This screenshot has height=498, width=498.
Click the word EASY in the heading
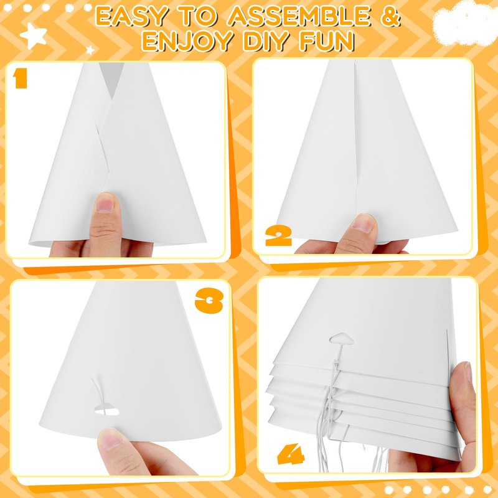click(x=131, y=16)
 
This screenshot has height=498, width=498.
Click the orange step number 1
click(x=21, y=79)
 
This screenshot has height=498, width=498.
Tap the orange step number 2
click(x=278, y=237)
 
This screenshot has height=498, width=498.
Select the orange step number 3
click(x=209, y=301)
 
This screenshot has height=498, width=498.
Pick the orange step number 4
click(x=291, y=454)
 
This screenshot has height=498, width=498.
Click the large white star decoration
click(x=33, y=35)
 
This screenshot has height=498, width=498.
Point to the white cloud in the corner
click(x=465, y=22)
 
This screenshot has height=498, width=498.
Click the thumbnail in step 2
click(x=364, y=222)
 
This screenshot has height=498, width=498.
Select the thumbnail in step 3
click(x=111, y=438)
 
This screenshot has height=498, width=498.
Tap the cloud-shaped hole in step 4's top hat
click(x=342, y=339)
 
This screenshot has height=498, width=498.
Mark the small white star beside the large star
click(x=90, y=50)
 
